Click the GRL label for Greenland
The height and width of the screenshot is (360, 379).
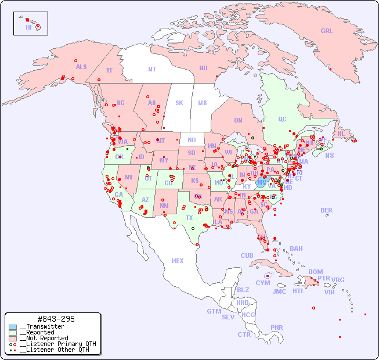click(x=327, y=31)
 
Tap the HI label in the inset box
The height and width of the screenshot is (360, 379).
click(x=28, y=27)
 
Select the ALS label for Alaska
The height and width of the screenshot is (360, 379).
click(x=81, y=67)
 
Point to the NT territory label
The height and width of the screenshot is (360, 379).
click(x=152, y=69)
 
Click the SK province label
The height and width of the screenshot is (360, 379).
click(x=179, y=103)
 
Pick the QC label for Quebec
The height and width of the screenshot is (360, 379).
click(x=282, y=119)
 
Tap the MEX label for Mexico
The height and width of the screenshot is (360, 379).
click(x=178, y=261)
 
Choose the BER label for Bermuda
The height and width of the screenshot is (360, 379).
click(x=327, y=210)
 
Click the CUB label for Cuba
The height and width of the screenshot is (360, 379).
click(x=247, y=255)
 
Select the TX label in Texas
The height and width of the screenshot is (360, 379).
click(x=189, y=218)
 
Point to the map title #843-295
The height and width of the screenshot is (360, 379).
click(x=55, y=319)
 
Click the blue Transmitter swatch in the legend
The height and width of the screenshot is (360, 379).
click(x=13, y=327)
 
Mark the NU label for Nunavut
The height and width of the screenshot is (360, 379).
click(x=203, y=68)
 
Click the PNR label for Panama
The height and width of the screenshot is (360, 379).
click(x=277, y=327)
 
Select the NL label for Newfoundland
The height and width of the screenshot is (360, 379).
click(x=341, y=134)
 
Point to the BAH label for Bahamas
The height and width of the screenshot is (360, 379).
click(x=296, y=249)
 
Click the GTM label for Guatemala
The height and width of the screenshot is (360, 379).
click(x=214, y=311)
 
